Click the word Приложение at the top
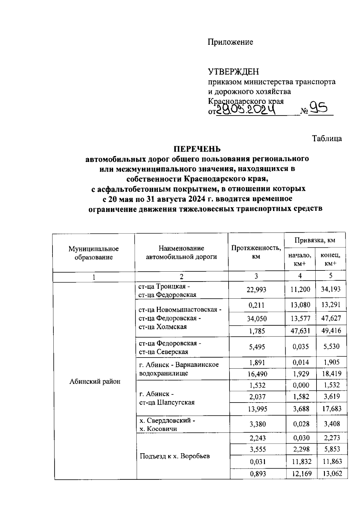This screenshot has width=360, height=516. click(230, 42)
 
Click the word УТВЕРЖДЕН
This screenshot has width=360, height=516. click(233, 72)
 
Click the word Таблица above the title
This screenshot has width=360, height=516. click(327, 139)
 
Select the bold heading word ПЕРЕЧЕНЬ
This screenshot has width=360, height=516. click(197, 149)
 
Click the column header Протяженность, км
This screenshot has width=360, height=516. click(256, 252)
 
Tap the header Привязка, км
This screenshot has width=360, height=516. click(315, 240)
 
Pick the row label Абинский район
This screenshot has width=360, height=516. click(95, 381)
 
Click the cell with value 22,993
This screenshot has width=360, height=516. click(256, 289)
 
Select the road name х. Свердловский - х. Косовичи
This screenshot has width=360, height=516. click(167, 424)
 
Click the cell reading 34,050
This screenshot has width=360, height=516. click(257, 318)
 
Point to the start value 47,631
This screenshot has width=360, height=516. click(300, 331)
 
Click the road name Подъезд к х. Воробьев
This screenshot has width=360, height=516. click(175, 456)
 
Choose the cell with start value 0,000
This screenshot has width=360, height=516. click(300, 385)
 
